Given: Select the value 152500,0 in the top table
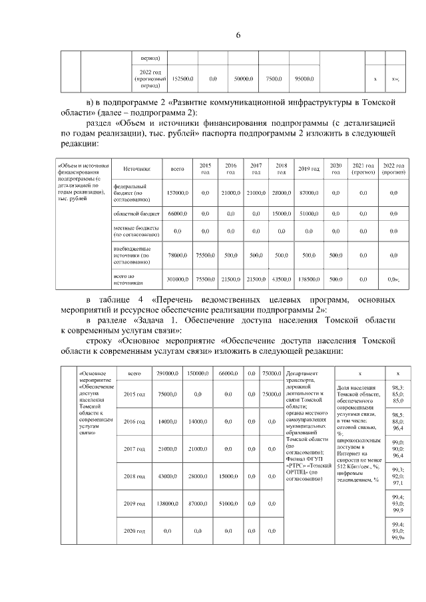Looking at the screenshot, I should click(x=182, y=79).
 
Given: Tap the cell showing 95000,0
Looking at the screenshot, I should click(x=304, y=79).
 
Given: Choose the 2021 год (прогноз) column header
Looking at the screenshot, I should click(x=363, y=169).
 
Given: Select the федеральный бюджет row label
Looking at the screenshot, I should click(x=130, y=192).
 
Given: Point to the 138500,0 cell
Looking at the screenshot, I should click(x=308, y=279).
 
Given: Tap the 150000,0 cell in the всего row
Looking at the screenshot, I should click(x=199, y=374).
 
